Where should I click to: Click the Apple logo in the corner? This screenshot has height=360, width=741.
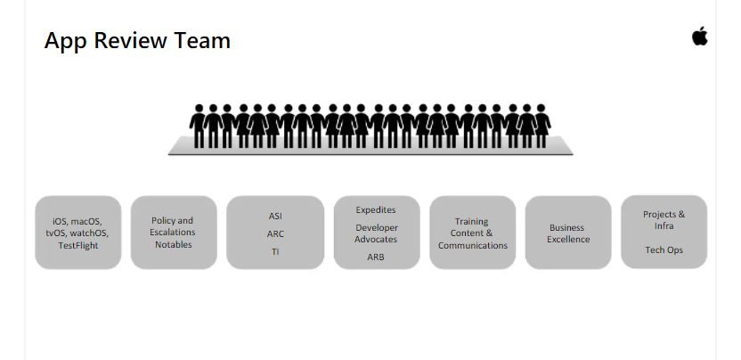[x=699, y=36]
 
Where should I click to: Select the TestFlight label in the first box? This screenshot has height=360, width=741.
[x=78, y=245]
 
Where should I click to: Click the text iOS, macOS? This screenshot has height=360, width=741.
[x=77, y=221]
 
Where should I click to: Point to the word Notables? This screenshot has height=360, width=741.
[x=174, y=244]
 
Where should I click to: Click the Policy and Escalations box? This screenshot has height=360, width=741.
[x=174, y=232]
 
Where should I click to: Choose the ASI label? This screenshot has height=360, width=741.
[x=275, y=216]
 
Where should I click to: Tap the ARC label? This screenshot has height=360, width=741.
[x=275, y=233]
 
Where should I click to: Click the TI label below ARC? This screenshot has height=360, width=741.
[x=275, y=251]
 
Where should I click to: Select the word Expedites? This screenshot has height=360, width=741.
[x=376, y=209]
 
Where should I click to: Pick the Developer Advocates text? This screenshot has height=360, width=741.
[x=376, y=233]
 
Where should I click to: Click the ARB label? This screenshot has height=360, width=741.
[x=376, y=257]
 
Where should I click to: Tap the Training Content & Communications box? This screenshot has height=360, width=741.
[x=472, y=233]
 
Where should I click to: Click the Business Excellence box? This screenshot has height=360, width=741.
[x=568, y=233]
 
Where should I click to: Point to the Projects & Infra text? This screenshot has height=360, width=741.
[x=664, y=220]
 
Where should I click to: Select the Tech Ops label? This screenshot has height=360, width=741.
[x=664, y=250]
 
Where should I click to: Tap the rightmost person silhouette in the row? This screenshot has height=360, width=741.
[x=541, y=126]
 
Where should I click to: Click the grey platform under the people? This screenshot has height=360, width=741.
[x=370, y=148]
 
